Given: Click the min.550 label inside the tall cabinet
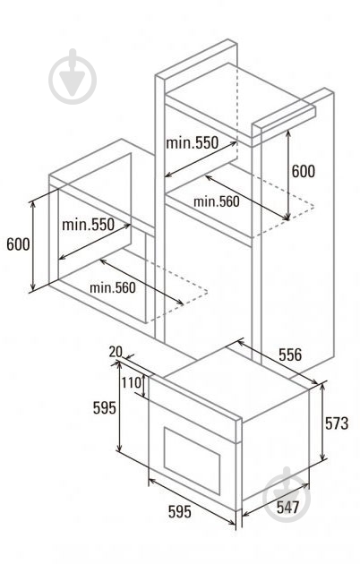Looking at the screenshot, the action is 192,143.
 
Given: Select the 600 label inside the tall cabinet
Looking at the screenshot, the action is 303,171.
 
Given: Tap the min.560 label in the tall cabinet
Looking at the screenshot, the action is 216,201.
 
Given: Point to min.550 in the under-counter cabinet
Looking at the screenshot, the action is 88,225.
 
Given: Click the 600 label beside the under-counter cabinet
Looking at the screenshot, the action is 18,244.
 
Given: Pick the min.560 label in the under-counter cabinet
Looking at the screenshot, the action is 113,287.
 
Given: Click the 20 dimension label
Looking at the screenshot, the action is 116,352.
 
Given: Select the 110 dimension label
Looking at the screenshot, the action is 131,383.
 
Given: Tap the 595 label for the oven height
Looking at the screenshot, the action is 105,408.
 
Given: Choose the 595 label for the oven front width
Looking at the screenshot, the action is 180,511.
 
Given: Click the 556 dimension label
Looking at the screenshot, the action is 290,355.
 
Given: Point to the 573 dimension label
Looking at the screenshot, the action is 337,423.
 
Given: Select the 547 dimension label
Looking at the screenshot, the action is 287,508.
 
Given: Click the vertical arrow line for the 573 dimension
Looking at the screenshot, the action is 323,421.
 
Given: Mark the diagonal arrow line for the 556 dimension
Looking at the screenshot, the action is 278,363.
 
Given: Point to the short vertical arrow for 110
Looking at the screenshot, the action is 144,387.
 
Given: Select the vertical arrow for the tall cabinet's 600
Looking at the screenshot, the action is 287,175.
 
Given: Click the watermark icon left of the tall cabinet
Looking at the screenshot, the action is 73,76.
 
